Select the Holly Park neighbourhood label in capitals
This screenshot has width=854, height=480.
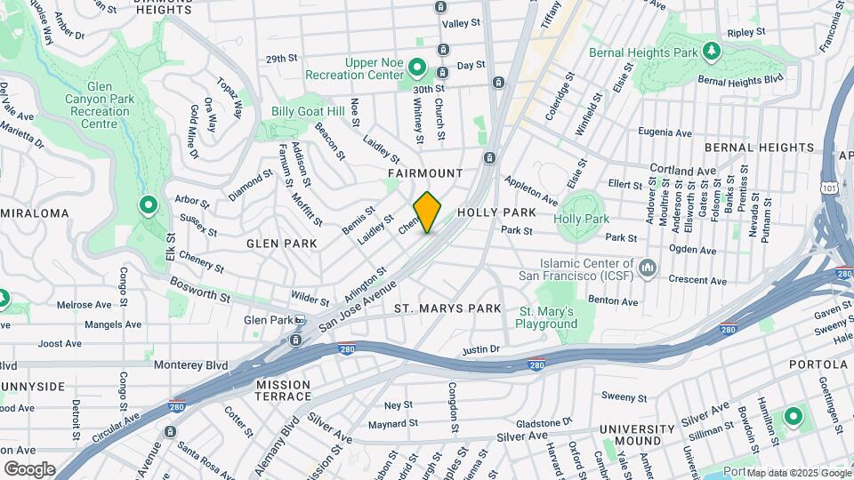[x=496, y=213]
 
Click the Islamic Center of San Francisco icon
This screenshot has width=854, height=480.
[x=648, y=267]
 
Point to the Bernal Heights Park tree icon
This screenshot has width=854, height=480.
[x=711, y=52]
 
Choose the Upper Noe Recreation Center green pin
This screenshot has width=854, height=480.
[x=416, y=68]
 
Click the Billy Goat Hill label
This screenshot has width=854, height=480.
[x=308, y=111]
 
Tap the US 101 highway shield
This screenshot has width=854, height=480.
[x=830, y=188]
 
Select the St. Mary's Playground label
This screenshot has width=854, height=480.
[x=548, y=317]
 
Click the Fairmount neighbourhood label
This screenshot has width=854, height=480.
[x=425, y=172]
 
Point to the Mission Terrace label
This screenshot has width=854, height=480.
[x=283, y=389]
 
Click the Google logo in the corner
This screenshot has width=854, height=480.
[x=29, y=468]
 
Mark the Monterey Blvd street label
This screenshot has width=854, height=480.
[x=190, y=365]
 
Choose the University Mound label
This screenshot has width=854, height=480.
[x=631, y=435]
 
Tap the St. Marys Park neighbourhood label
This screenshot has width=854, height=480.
[x=448, y=308]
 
